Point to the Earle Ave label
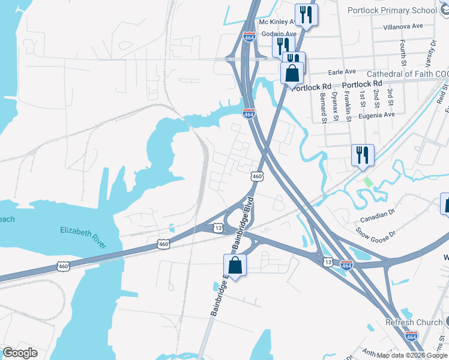[x=342, y=71]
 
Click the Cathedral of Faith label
[x=406, y=74]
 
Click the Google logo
[x=20, y=353]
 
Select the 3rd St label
[x=390, y=95]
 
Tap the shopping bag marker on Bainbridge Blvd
[x=235, y=265]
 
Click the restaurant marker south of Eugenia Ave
[x=363, y=155]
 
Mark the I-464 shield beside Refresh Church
[x=411, y=337]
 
